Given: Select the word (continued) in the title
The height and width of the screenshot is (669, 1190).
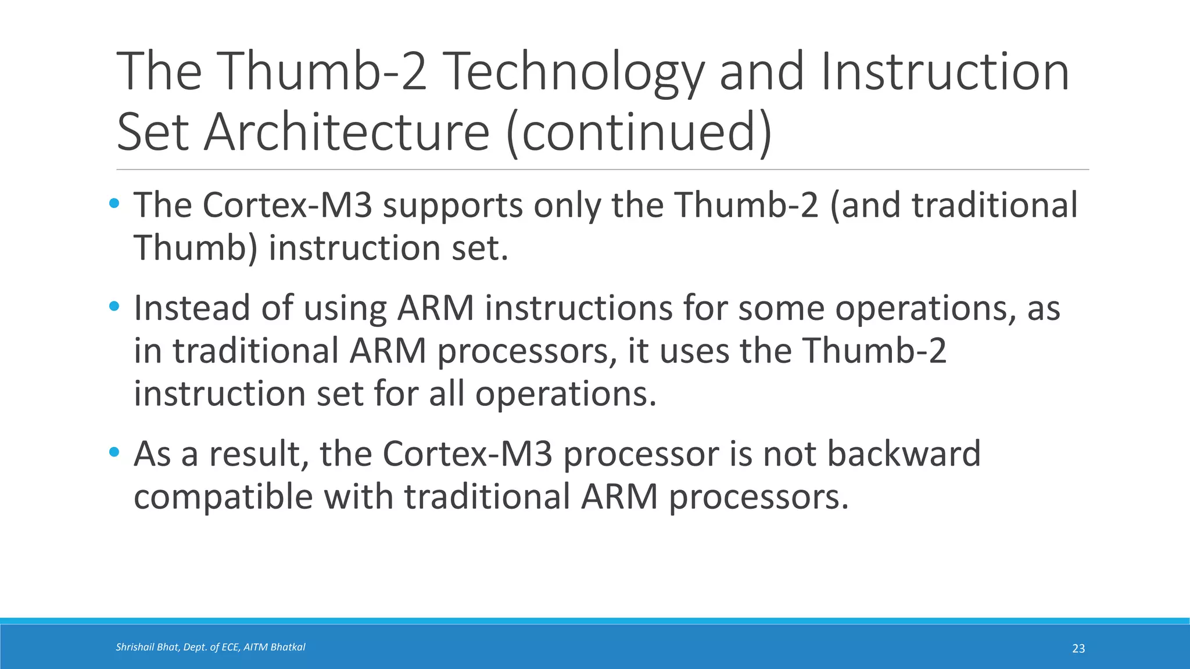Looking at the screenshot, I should (639, 132).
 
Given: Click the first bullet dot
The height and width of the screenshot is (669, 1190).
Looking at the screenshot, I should (114, 204).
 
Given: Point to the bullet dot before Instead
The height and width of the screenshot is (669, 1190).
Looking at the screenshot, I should (114, 306).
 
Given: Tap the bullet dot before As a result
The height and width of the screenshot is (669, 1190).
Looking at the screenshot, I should (114, 452).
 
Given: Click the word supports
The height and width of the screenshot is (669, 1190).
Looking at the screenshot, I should (453, 206).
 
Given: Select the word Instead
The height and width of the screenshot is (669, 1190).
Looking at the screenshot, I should (191, 308).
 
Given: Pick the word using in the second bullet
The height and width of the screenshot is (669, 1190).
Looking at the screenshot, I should (345, 309).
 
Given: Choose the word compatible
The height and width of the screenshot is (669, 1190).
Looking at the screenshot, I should (223, 498).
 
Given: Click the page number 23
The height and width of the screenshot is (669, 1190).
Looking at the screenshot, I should (1078, 649).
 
